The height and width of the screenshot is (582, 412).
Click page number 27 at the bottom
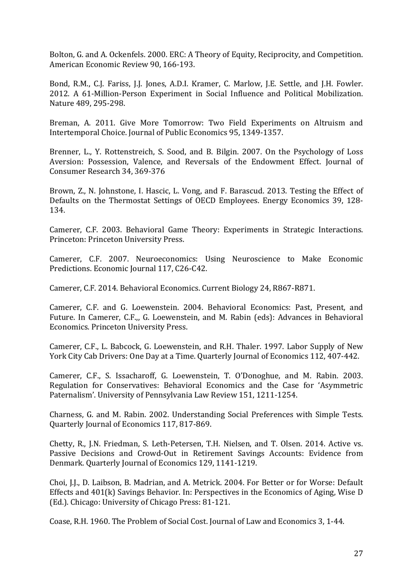(x=358, y=553)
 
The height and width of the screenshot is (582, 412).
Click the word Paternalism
(x=72, y=395)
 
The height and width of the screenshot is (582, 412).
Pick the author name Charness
(x=65, y=415)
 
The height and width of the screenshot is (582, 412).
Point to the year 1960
(x=99, y=521)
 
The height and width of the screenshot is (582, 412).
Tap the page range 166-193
(x=179, y=65)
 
